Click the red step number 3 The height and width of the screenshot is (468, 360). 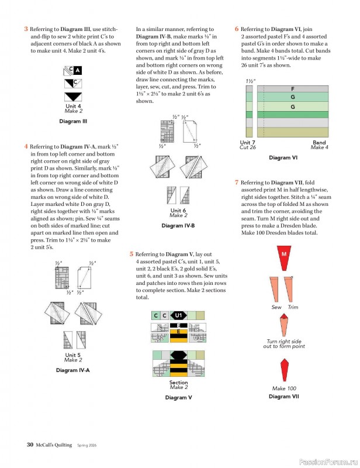[26, 29]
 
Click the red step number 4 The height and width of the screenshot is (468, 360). [26, 146]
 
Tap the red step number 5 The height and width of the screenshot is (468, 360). [131, 254]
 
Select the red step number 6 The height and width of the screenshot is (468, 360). [237, 29]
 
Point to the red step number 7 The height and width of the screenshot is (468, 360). [236, 183]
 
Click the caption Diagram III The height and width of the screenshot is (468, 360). [74, 122]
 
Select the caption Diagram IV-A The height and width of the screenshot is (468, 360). [73, 370]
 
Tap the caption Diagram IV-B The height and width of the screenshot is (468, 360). [178, 226]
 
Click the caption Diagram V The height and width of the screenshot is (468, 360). [178, 398]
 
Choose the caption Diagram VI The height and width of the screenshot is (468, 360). [283, 158]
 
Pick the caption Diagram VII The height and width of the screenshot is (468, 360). [283, 397]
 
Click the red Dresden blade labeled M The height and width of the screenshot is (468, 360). [284, 256]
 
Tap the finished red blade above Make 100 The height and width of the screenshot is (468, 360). [284, 369]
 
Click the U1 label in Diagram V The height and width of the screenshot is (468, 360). [179, 316]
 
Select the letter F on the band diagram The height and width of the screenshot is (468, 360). [292, 88]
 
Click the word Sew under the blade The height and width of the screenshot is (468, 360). [276, 307]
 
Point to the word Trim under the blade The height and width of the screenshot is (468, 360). [293, 307]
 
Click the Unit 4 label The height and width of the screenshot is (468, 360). [74, 106]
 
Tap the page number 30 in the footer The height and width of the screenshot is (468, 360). [29, 445]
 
